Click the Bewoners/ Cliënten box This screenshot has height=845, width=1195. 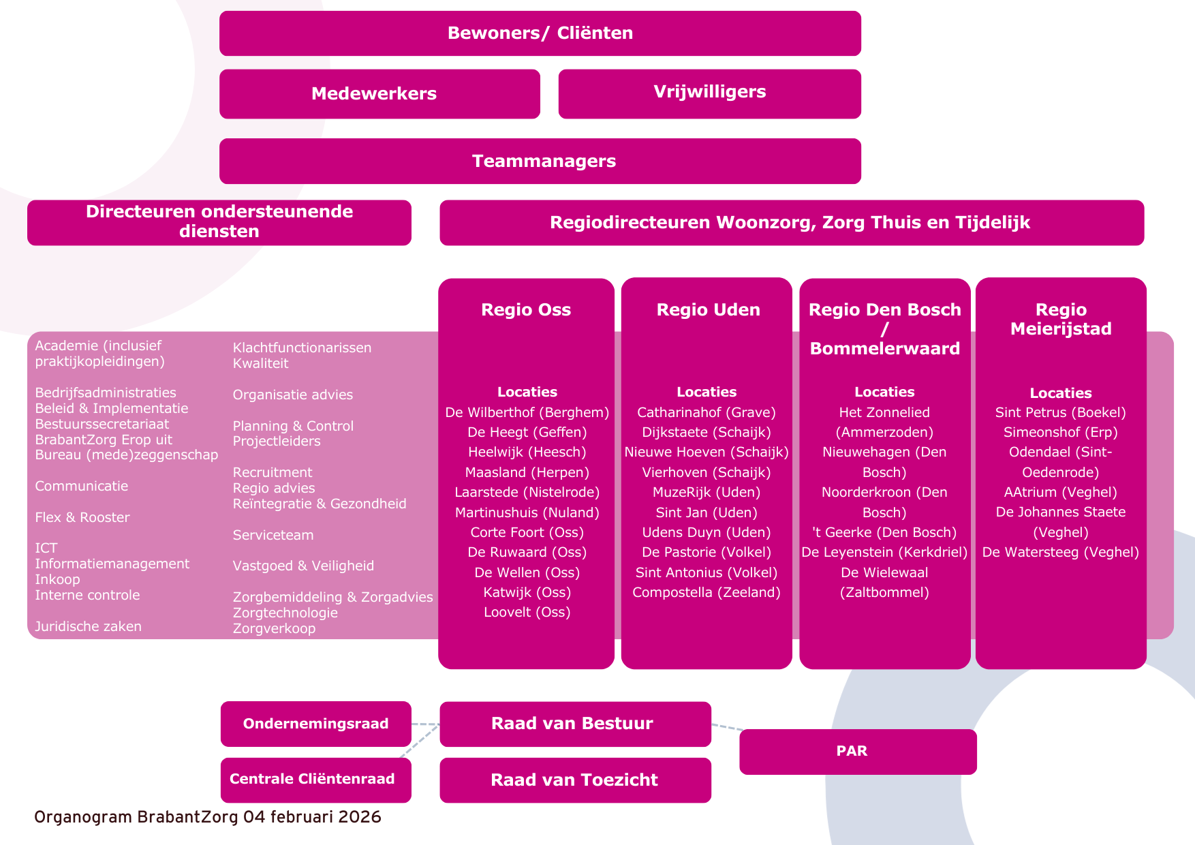pyautogui.click(x=540, y=33)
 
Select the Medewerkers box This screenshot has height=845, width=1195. pyautogui.click(x=379, y=94)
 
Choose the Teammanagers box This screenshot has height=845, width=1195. pyautogui.click(x=540, y=162)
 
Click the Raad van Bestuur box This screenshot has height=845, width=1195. pyautogui.click(x=575, y=724)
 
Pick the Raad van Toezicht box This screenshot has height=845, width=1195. pyautogui.click(x=575, y=780)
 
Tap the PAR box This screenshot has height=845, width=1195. pyautogui.click(x=858, y=752)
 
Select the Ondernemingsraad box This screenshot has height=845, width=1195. pyautogui.click(x=315, y=724)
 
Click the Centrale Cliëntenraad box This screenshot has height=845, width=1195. pyautogui.click(x=315, y=780)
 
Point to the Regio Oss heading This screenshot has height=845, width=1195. pyautogui.click(x=526, y=310)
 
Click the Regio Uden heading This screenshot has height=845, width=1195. pyautogui.click(x=708, y=310)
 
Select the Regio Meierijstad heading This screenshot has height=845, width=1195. pyautogui.click(x=1061, y=320)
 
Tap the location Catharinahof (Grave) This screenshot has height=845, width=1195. pyautogui.click(x=707, y=412)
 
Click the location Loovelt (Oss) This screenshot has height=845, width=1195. pyautogui.click(x=527, y=612)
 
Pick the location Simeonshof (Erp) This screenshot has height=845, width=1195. pyautogui.click(x=1060, y=432)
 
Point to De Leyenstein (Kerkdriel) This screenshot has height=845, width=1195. pyautogui.click(x=884, y=552)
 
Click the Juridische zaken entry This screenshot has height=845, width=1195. pyautogui.click(x=89, y=626)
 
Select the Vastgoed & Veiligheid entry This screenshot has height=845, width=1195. pyautogui.click(x=303, y=566)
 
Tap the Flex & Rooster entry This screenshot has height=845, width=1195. pyautogui.click(x=82, y=517)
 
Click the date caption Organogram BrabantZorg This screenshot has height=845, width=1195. pyautogui.click(x=208, y=817)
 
